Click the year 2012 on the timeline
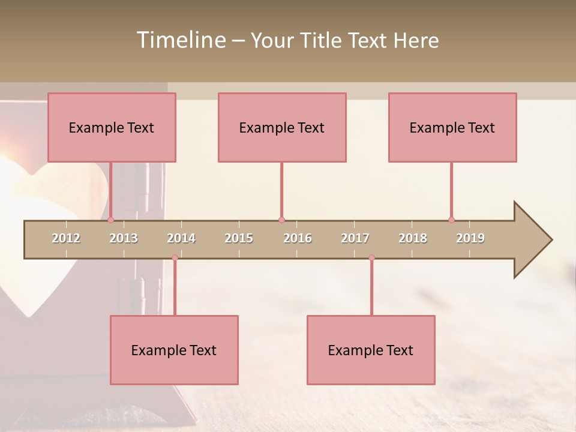[x=66, y=238]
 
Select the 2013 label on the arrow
[x=124, y=238]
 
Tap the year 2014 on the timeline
[x=181, y=238]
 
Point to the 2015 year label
[x=239, y=238]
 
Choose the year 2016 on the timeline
[x=298, y=238]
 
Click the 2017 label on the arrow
[x=355, y=238]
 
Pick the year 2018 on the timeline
[x=413, y=238]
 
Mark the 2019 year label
[x=470, y=238]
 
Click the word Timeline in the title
[x=180, y=40]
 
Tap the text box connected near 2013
[x=112, y=127]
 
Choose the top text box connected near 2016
[x=282, y=127]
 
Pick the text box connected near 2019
[x=452, y=127]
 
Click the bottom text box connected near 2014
[x=174, y=350]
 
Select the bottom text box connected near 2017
[x=371, y=350]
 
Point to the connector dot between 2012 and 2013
[x=111, y=220]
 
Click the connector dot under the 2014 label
[x=175, y=258]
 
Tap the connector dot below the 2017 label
[x=371, y=258]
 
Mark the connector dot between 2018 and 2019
[x=451, y=220]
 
